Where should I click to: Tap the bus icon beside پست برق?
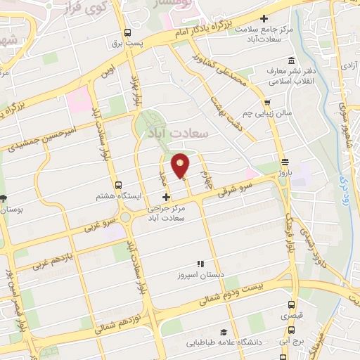pyautogui.click(x=127, y=32)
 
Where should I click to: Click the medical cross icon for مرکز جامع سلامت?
pyautogui.click(x=264, y=18)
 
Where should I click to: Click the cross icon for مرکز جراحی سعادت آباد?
pyautogui.click(x=166, y=198)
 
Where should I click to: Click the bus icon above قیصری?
pyautogui.click(x=292, y=305)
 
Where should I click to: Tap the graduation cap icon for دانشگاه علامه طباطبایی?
pyautogui.click(x=223, y=332)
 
